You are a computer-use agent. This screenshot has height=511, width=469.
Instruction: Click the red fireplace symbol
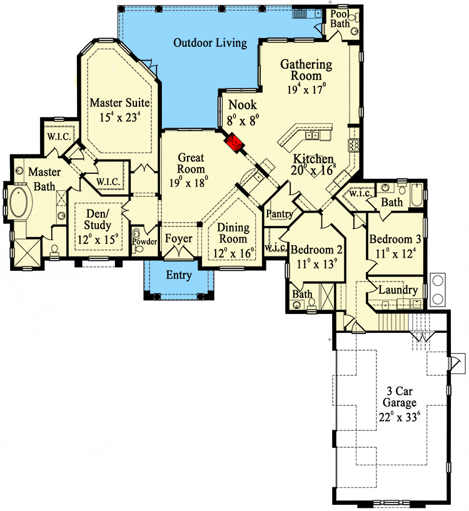point(234,143)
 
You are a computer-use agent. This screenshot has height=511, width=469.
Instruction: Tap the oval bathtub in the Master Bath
point(17,201)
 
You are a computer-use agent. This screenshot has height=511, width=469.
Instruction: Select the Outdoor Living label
point(210,43)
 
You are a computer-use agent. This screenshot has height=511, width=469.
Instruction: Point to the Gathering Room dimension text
point(306,89)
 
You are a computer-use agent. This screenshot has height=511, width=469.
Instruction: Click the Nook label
point(243,104)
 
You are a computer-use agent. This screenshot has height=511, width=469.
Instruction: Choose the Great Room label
point(191,163)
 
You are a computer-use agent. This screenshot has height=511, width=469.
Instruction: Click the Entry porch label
point(179,275)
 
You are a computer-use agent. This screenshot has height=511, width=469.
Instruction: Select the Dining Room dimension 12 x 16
point(233,253)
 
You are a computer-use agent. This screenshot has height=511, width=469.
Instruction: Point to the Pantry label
point(280,214)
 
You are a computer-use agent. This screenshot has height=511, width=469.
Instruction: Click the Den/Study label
point(98,220)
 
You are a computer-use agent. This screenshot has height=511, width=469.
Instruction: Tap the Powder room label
point(144,241)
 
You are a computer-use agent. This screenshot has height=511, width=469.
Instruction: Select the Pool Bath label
point(340,19)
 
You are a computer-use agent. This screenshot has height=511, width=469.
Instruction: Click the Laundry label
point(398,290)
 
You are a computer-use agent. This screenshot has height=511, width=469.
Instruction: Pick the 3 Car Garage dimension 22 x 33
point(399,417)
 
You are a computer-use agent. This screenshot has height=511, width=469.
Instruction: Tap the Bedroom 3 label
point(395,239)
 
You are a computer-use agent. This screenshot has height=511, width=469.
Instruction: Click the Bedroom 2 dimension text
point(316,264)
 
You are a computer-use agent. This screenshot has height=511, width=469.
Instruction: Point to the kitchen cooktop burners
point(353,145)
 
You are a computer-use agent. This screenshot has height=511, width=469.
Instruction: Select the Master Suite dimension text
point(120,117)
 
